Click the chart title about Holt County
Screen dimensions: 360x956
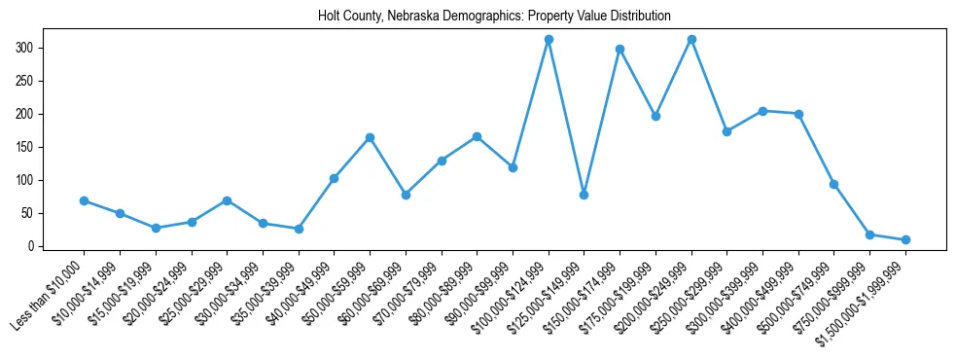pos(494,17)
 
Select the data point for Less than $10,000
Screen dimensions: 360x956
pos(84,200)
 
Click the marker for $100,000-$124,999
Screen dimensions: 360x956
pos(549,40)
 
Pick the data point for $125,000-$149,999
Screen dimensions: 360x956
pos(584,195)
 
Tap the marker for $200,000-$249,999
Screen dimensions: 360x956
pos(691,40)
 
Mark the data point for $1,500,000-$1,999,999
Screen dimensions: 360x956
pos(905,239)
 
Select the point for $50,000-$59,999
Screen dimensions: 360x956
pos(370,137)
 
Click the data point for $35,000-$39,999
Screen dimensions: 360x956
pos(299,229)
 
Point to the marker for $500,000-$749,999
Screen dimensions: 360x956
pos(833,184)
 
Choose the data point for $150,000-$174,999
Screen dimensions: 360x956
pos(620,49)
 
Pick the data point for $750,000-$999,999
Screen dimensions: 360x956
pos(869,234)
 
